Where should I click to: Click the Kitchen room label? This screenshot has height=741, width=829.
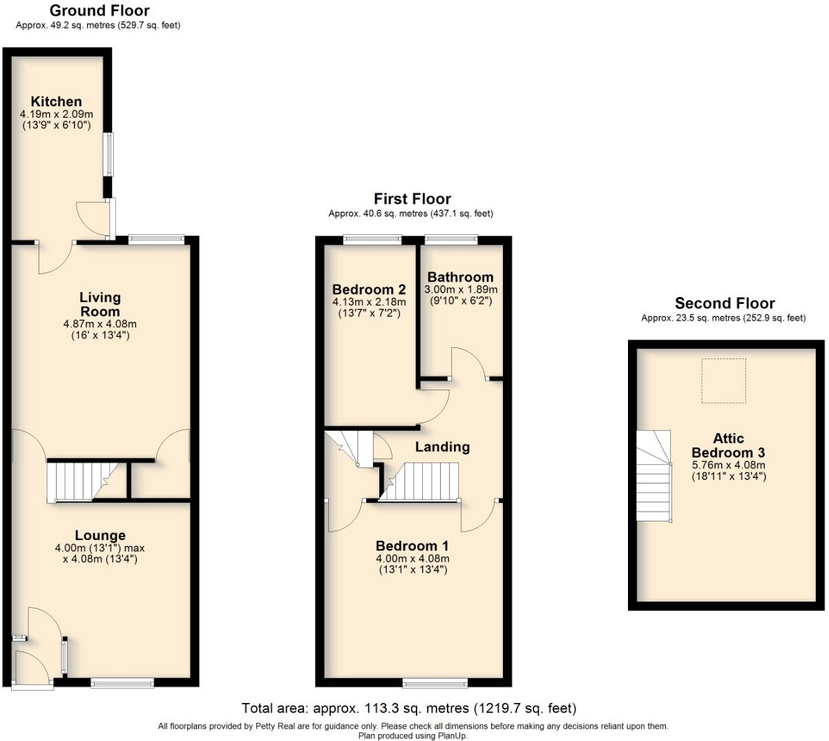(x=56, y=102)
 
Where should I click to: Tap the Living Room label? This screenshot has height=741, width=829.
(x=100, y=304)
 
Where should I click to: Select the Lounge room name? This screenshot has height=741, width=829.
(x=100, y=535)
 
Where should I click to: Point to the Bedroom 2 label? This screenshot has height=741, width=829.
(x=369, y=289)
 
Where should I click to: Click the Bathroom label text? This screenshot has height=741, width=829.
(x=460, y=278)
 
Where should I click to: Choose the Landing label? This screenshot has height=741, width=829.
(x=442, y=447)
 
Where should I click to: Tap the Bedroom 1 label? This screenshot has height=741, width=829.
(x=412, y=546)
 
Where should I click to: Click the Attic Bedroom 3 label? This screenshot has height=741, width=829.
(x=728, y=445)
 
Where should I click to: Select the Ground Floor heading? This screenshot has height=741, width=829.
(x=99, y=10)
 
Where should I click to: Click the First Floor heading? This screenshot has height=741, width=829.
(x=412, y=199)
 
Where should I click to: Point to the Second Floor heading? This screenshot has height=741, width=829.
(x=725, y=303)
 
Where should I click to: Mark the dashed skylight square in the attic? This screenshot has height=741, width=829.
(x=723, y=381)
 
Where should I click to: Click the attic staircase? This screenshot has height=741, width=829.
(x=654, y=477)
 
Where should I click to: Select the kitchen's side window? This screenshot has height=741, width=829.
(x=108, y=153)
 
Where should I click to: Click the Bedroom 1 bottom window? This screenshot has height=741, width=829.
(x=435, y=683)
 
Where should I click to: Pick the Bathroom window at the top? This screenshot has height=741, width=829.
(x=450, y=240)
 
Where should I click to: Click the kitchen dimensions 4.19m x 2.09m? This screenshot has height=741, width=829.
(x=56, y=114)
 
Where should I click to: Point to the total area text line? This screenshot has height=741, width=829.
(x=408, y=708)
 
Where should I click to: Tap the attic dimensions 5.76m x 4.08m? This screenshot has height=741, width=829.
(x=728, y=465)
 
